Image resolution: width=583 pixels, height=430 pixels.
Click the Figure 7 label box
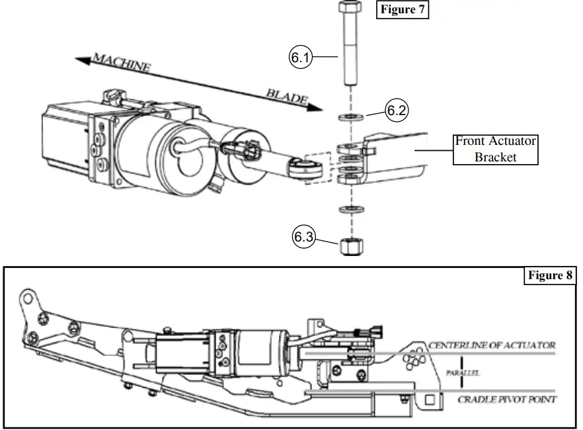tap(403, 11)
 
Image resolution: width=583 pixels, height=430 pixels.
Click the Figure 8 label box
tap(550, 276)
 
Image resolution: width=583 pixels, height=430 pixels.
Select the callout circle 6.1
tap(300, 58)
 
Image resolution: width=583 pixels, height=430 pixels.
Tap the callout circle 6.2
tap(396, 110)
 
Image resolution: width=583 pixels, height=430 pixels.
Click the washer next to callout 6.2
tap(350, 118)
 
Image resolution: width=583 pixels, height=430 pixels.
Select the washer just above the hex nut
tap(349, 210)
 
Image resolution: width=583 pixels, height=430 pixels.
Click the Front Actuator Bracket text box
tap(495, 149)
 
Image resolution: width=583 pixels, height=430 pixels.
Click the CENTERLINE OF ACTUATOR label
tap(492, 345)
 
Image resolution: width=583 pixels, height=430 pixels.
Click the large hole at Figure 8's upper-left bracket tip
tap(27, 298)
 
